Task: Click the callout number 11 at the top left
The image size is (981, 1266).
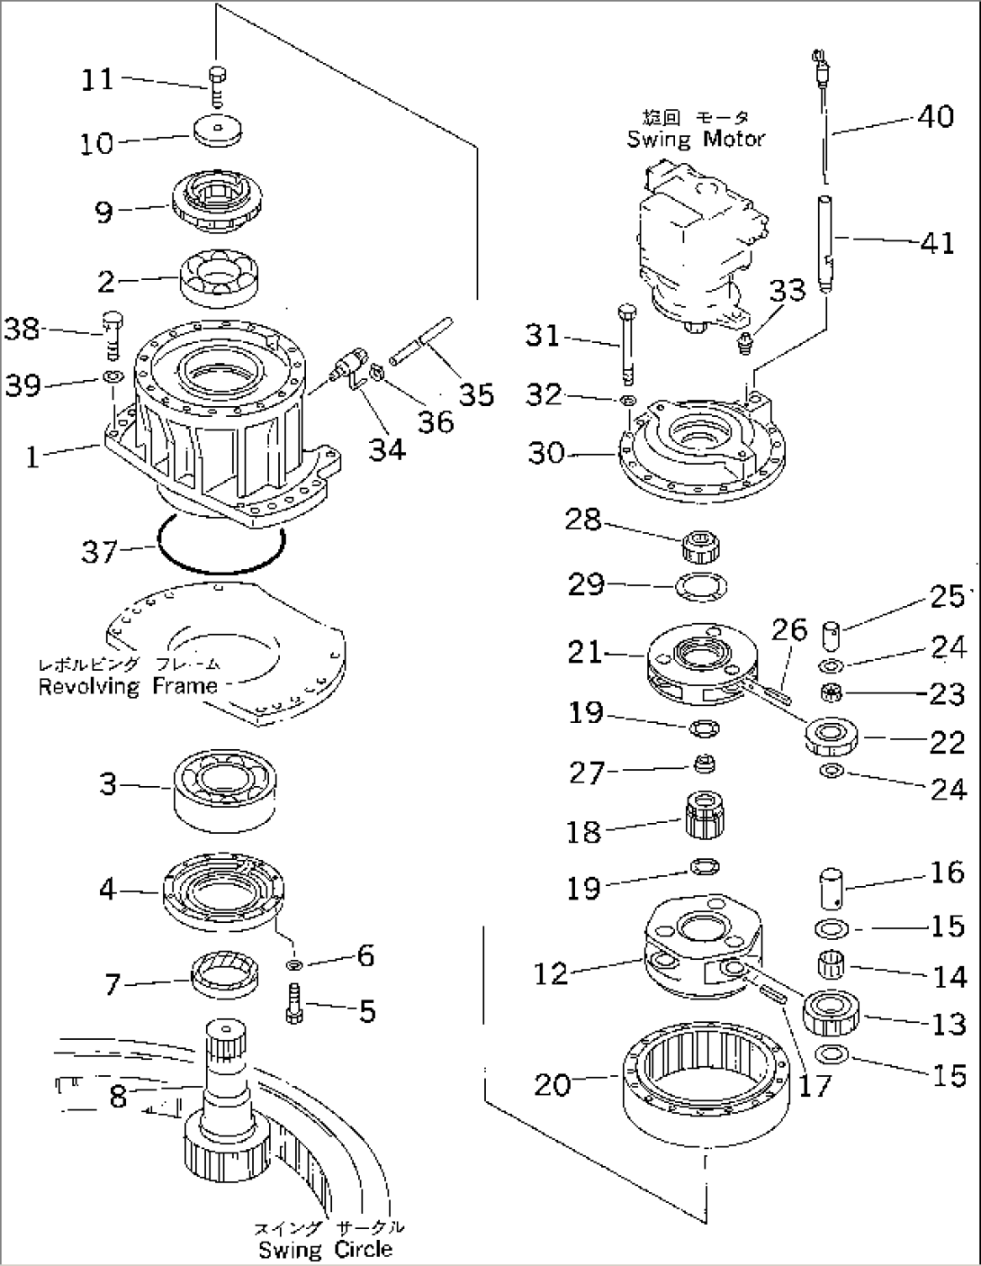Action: click(x=97, y=80)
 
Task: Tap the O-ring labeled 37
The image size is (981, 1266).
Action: click(x=220, y=549)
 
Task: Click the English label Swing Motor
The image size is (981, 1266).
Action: click(x=696, y=139)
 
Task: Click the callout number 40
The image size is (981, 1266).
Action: click(x=935, y=116)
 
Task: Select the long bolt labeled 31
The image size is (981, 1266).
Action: click(x=625, y=343)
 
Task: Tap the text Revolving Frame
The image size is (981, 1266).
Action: click(x=128, y=686)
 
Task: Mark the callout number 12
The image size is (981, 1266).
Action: click(x=551, y=973)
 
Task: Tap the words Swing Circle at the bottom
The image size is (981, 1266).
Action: click(x=325, y=1249)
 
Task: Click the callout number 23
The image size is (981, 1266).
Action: click(x=946, y=694)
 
